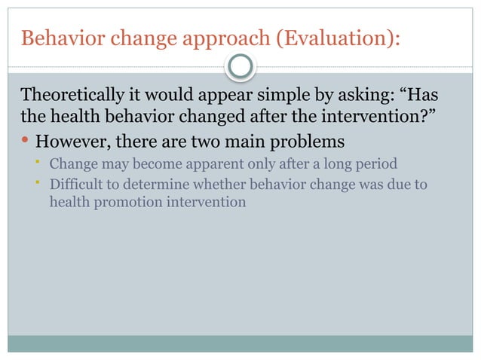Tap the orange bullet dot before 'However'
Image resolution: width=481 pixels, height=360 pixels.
(26, 141)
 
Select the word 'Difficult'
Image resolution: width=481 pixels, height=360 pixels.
(75, 185)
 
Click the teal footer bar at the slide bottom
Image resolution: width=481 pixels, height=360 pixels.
(240, 343)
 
